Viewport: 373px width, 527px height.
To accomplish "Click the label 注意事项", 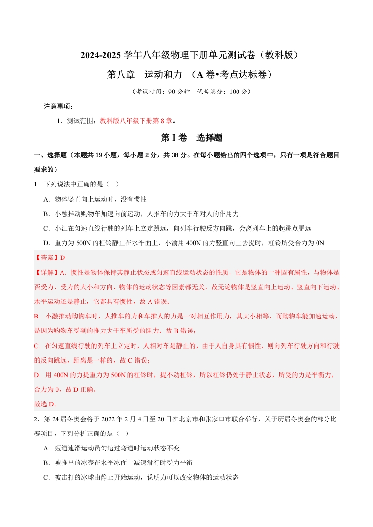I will (58, 107).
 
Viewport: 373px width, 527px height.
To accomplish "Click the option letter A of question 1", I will (46, 199).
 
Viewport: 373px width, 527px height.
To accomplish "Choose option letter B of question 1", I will (46, 214).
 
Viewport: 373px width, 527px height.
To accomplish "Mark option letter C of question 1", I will (46, 228).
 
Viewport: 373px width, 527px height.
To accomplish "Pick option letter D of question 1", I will (46, 243).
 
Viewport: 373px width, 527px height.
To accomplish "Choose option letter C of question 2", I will (46, 477).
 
